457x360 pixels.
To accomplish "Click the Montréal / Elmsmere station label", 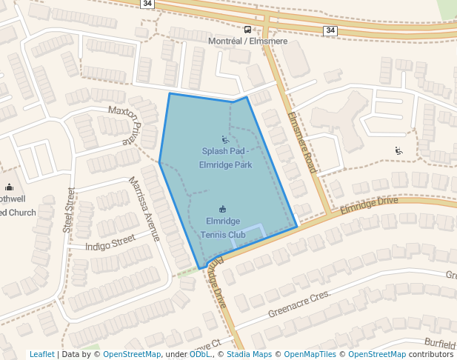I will [x=247, y=41].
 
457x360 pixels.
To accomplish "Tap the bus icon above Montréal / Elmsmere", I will [x=247, y=30].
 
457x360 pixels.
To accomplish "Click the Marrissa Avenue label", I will [x=144, y=209].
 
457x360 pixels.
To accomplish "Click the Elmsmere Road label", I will [x=302, y=143].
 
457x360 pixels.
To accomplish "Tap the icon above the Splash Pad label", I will [x=225, y=139].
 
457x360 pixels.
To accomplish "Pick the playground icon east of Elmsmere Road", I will [x=399, y=150].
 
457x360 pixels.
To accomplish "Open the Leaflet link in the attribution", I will [x=41, y=354].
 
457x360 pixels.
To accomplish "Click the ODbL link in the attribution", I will [x=199, y=354].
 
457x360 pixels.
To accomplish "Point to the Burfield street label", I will [x=439, y=344].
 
